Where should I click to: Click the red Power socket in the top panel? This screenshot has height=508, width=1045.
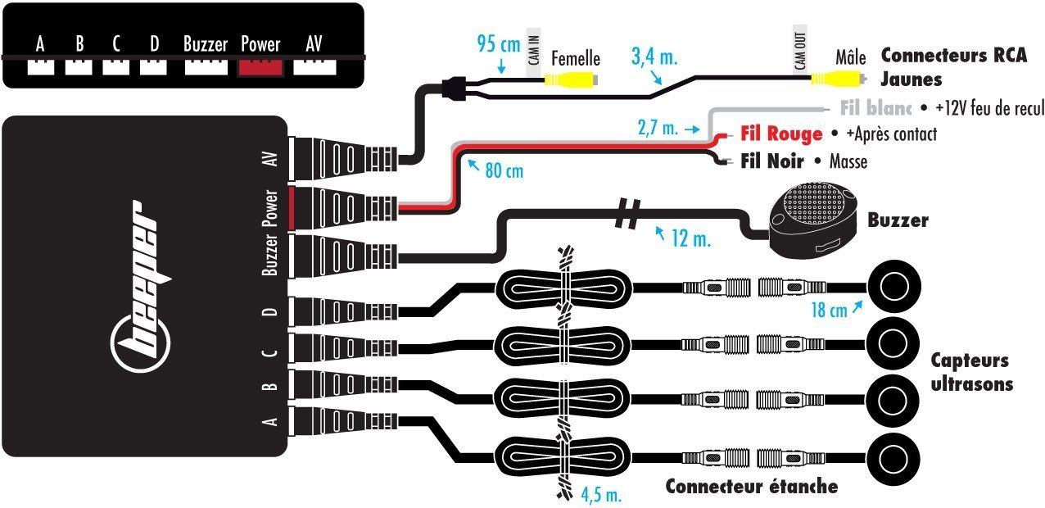260,66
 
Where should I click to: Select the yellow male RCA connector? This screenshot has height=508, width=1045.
835,78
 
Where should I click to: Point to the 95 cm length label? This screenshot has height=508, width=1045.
497,43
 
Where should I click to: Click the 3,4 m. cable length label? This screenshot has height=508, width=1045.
654,57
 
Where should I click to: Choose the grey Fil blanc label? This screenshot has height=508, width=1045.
875,107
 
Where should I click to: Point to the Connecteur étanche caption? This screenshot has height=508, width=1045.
751,487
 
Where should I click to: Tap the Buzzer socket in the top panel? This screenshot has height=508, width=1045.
206,66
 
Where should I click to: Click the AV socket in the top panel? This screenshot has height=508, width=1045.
314,66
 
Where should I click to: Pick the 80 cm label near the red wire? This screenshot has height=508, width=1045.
504,171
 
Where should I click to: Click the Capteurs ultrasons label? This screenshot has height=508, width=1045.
970,372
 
